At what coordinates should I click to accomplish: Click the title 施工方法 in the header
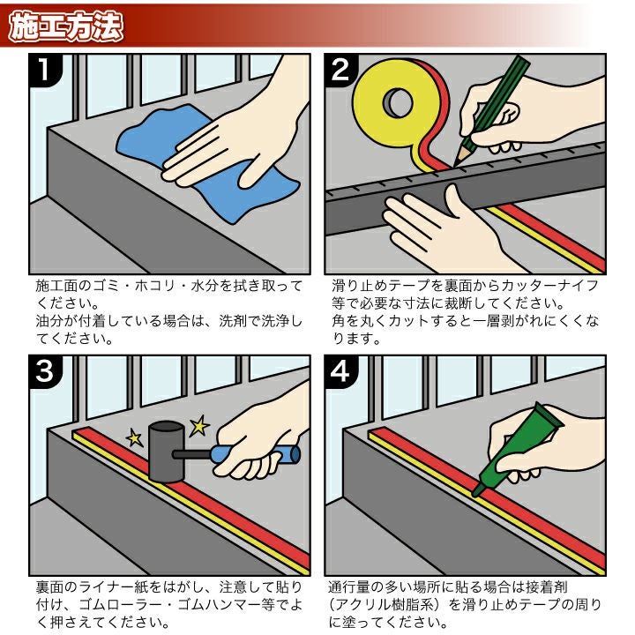tap(65, 26)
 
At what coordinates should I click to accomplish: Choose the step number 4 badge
tap(342, 373)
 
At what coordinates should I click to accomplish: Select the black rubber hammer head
tap(165, 450)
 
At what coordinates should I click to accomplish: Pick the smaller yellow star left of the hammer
tap(135, 437)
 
